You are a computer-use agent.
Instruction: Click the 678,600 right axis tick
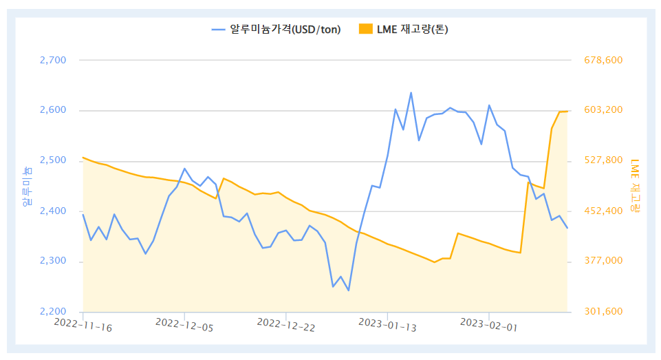pyautogui.click(x=603, y=61)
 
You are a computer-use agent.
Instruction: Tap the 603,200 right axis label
pyautogui.click(x=603, y=110)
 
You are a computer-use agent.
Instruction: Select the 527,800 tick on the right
pyautogui.click(x=603, y=160)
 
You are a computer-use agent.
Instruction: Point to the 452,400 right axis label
pyautogui.click(x=603, y=211)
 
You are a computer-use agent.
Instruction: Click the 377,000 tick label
pyautogui.click(x=603, y=262)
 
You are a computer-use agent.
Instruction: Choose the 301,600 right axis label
pyautogui.click(x=603, y=312)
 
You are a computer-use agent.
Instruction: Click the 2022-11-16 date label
pyautogui.click(x=83, y=325)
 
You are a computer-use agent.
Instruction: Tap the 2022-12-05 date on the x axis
pyautogui.click(x=184, y=325)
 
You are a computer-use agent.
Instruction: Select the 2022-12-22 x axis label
pyautogui.click(x=285, y=325)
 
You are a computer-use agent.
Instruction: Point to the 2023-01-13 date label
pyautogui.click(x=387, y=325)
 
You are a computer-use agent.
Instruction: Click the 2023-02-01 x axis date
pyautogui.click(x=488, y=325)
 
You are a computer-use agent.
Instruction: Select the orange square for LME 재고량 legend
pyautogui.click(x=366, y=29)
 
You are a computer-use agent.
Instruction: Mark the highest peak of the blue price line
pyautogui.click(x=411, y=92)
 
